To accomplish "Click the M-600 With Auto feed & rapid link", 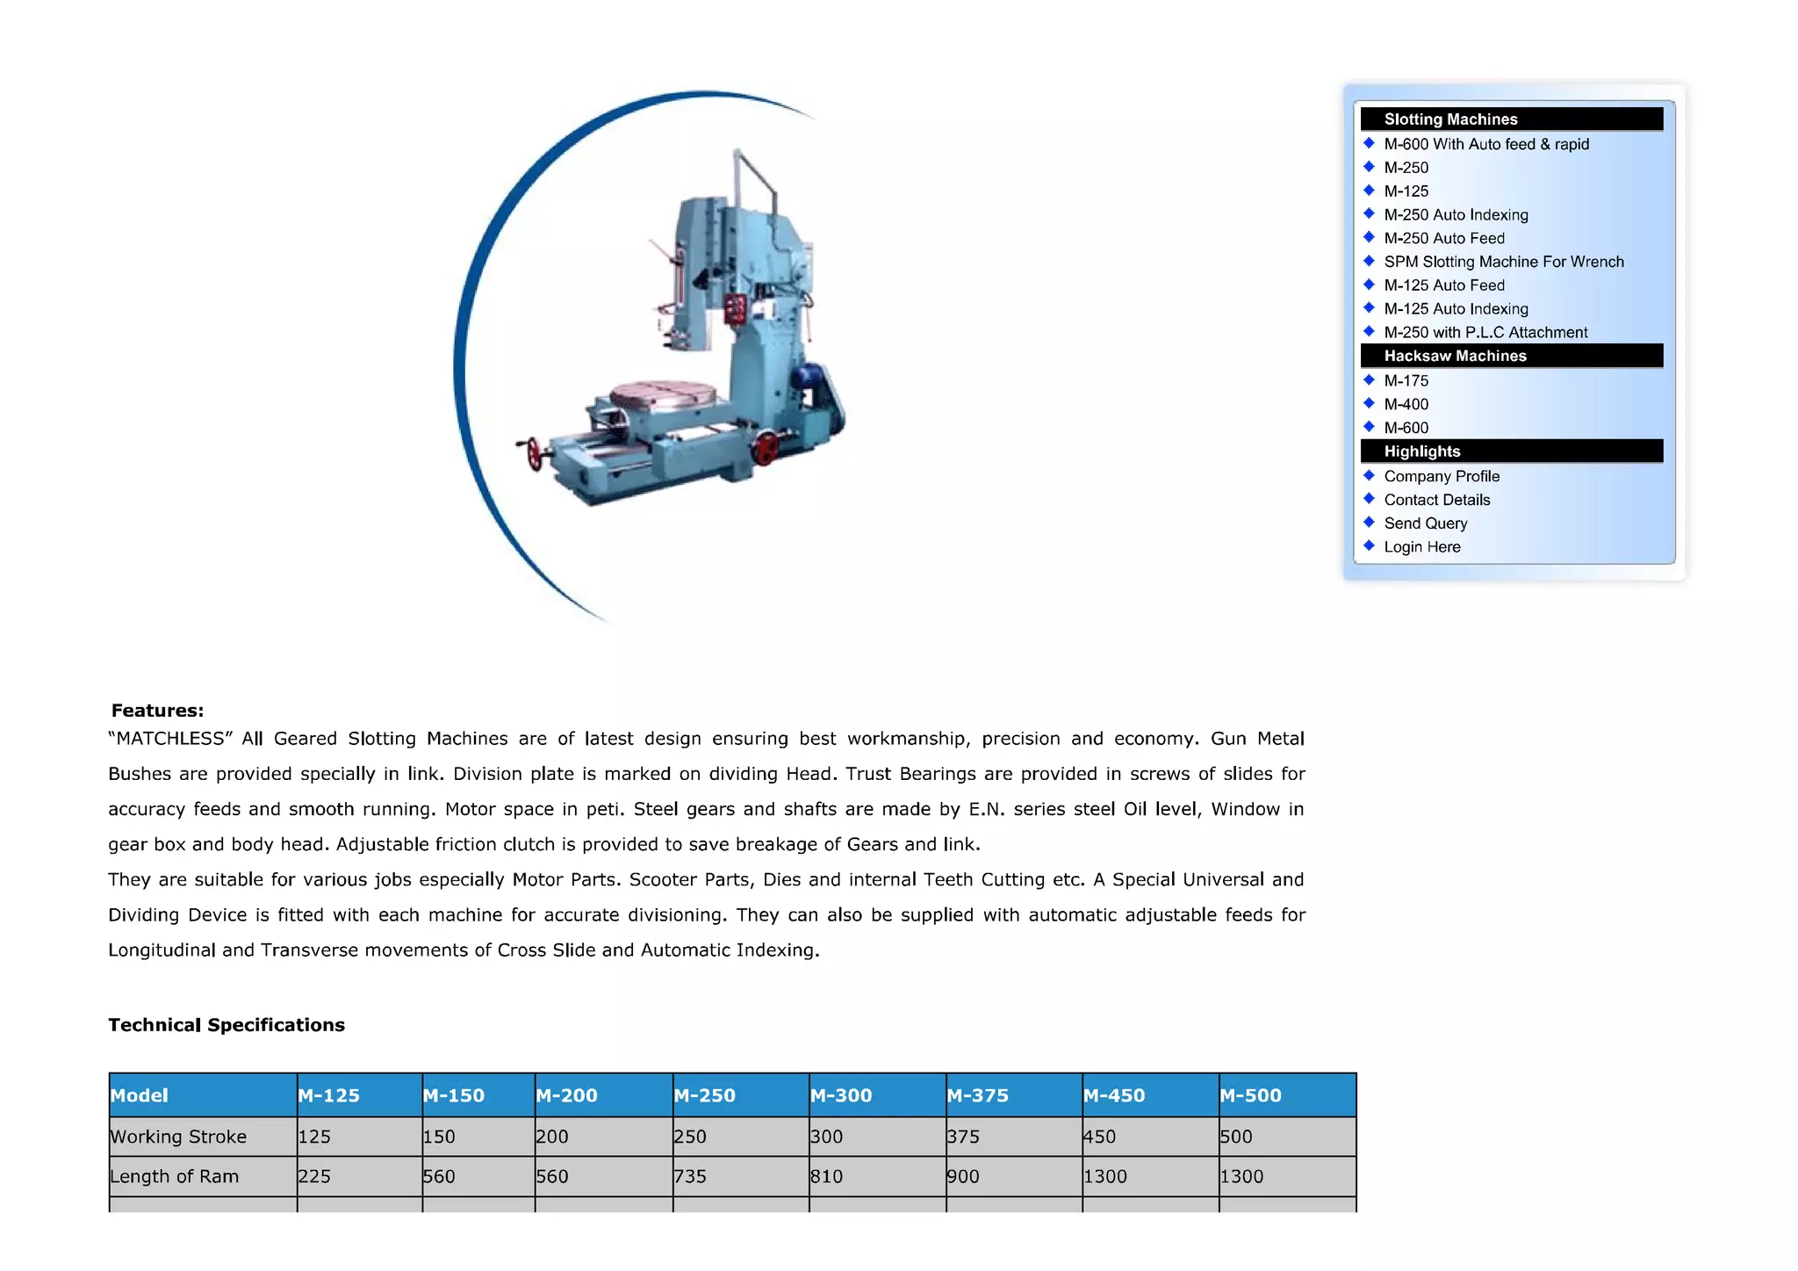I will click(1485, 144).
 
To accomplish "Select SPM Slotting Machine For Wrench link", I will click(1503, 262).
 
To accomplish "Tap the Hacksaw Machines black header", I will click(1511, 356).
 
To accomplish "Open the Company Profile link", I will click(1441, 476).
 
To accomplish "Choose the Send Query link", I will click(1425, 524).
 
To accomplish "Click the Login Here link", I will click(1421, 547).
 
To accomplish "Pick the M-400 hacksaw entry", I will click(1406, 404).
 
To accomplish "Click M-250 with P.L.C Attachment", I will click(1485, 332).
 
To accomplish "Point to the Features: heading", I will click(157, 711).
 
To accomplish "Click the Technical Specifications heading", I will click(227, 1025).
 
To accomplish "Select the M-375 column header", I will click(977, 1095).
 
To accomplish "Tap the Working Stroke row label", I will click(178, 1137).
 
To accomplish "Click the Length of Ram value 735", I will click(690, 1176).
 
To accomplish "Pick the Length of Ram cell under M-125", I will click(314, 1176).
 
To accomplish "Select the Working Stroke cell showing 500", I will click(1236, 1137).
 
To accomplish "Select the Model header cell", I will click(140, 1095).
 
